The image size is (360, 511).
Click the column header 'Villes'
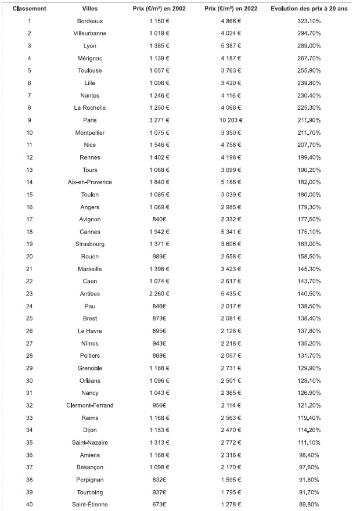pos(90,9)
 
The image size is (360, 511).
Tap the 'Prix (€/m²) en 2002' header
pos(159,9)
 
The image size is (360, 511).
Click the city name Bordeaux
pos(90,21)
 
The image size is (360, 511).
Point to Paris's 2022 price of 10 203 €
pos(231,120)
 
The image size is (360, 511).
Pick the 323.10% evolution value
pos(309,21)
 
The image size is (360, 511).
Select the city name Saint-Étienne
pos(90,504)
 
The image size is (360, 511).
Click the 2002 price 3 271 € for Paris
pos(159,120)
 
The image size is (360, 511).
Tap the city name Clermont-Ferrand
pos(90,405)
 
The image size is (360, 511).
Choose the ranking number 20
pos(30,257)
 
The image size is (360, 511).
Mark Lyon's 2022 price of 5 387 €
pos(231,46)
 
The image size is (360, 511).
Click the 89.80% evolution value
pos(309,504)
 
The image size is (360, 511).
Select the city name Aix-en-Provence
pos(90,182)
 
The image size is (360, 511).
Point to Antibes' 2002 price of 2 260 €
pos(159,294)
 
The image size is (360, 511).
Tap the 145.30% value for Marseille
pos(309,269)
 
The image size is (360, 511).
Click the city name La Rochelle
pos(90,108)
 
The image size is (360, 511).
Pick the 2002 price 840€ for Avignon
pos(159,219)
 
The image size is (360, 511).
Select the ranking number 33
pos(30,418)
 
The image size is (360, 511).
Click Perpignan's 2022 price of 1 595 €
pos(231,480)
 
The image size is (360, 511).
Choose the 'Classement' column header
pos(30,9)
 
